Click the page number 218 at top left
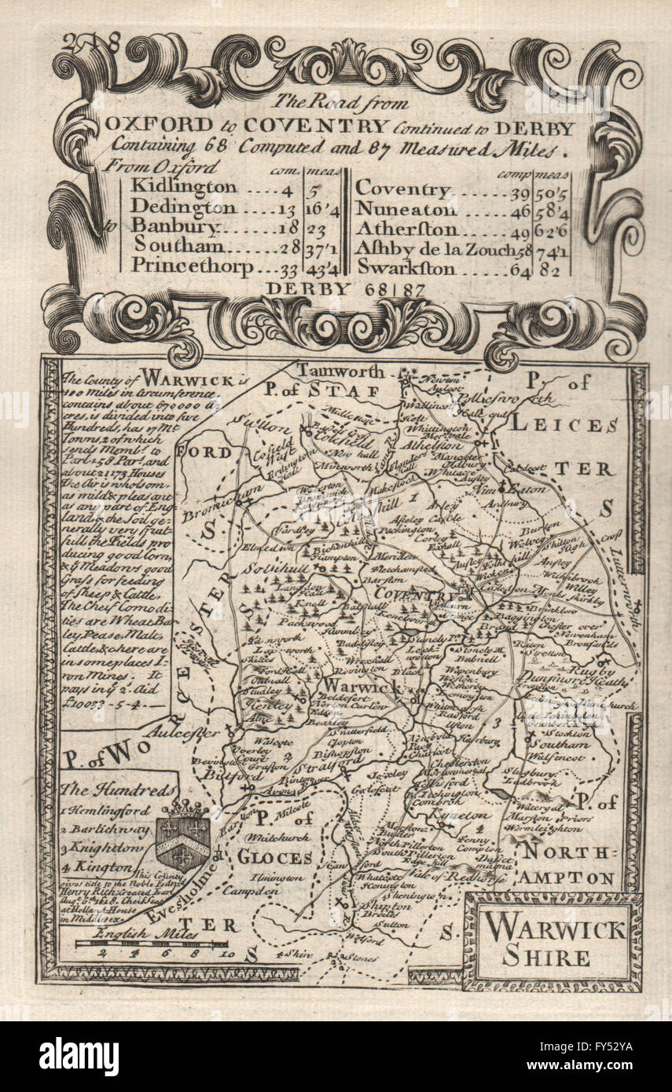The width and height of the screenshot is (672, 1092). (95, 44)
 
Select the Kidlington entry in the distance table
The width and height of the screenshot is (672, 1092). (183, 187)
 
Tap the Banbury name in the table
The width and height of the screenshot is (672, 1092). (174, 226)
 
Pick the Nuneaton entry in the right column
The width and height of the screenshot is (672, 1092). (406, 210)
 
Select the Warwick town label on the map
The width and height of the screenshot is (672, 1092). (351, 686)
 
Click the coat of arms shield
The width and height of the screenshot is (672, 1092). (183, 837)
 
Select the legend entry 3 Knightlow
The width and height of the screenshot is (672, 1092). (108, 848)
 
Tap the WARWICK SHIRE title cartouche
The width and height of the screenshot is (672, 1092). (553, 942)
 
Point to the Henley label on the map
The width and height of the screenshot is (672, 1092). (265, 706)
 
